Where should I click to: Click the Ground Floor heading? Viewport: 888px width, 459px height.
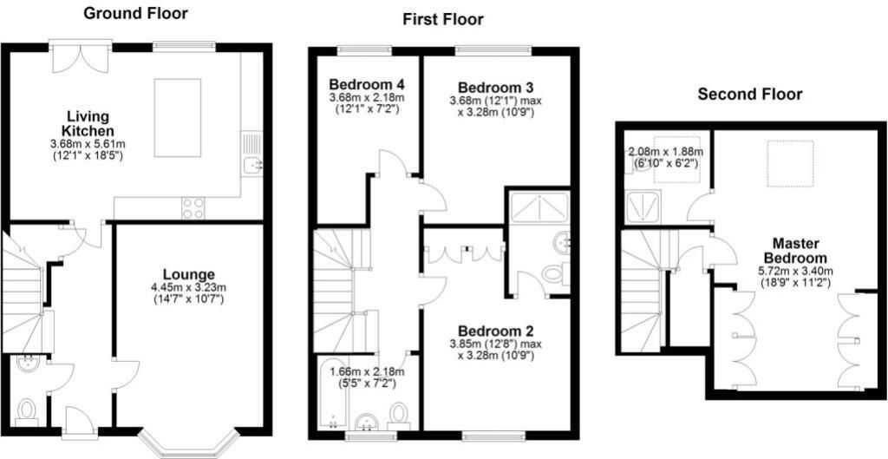[135, 14]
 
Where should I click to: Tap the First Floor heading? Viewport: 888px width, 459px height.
[443, 20]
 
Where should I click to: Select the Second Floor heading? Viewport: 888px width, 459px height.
[750, 94]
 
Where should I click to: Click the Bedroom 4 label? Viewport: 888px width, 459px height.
[367, 86]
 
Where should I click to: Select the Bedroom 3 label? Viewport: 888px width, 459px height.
[496, 88]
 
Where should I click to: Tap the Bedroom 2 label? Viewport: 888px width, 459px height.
[496, 331]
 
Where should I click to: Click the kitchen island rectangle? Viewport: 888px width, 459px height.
[177, 118]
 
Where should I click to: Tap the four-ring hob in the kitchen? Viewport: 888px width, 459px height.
[193, 207]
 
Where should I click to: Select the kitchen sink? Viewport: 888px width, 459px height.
[251, 154]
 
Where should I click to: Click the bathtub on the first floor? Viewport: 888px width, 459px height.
[333, 395]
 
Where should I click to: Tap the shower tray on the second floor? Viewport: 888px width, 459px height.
[643, 208]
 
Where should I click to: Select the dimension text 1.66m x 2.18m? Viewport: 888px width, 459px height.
[368, 372]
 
